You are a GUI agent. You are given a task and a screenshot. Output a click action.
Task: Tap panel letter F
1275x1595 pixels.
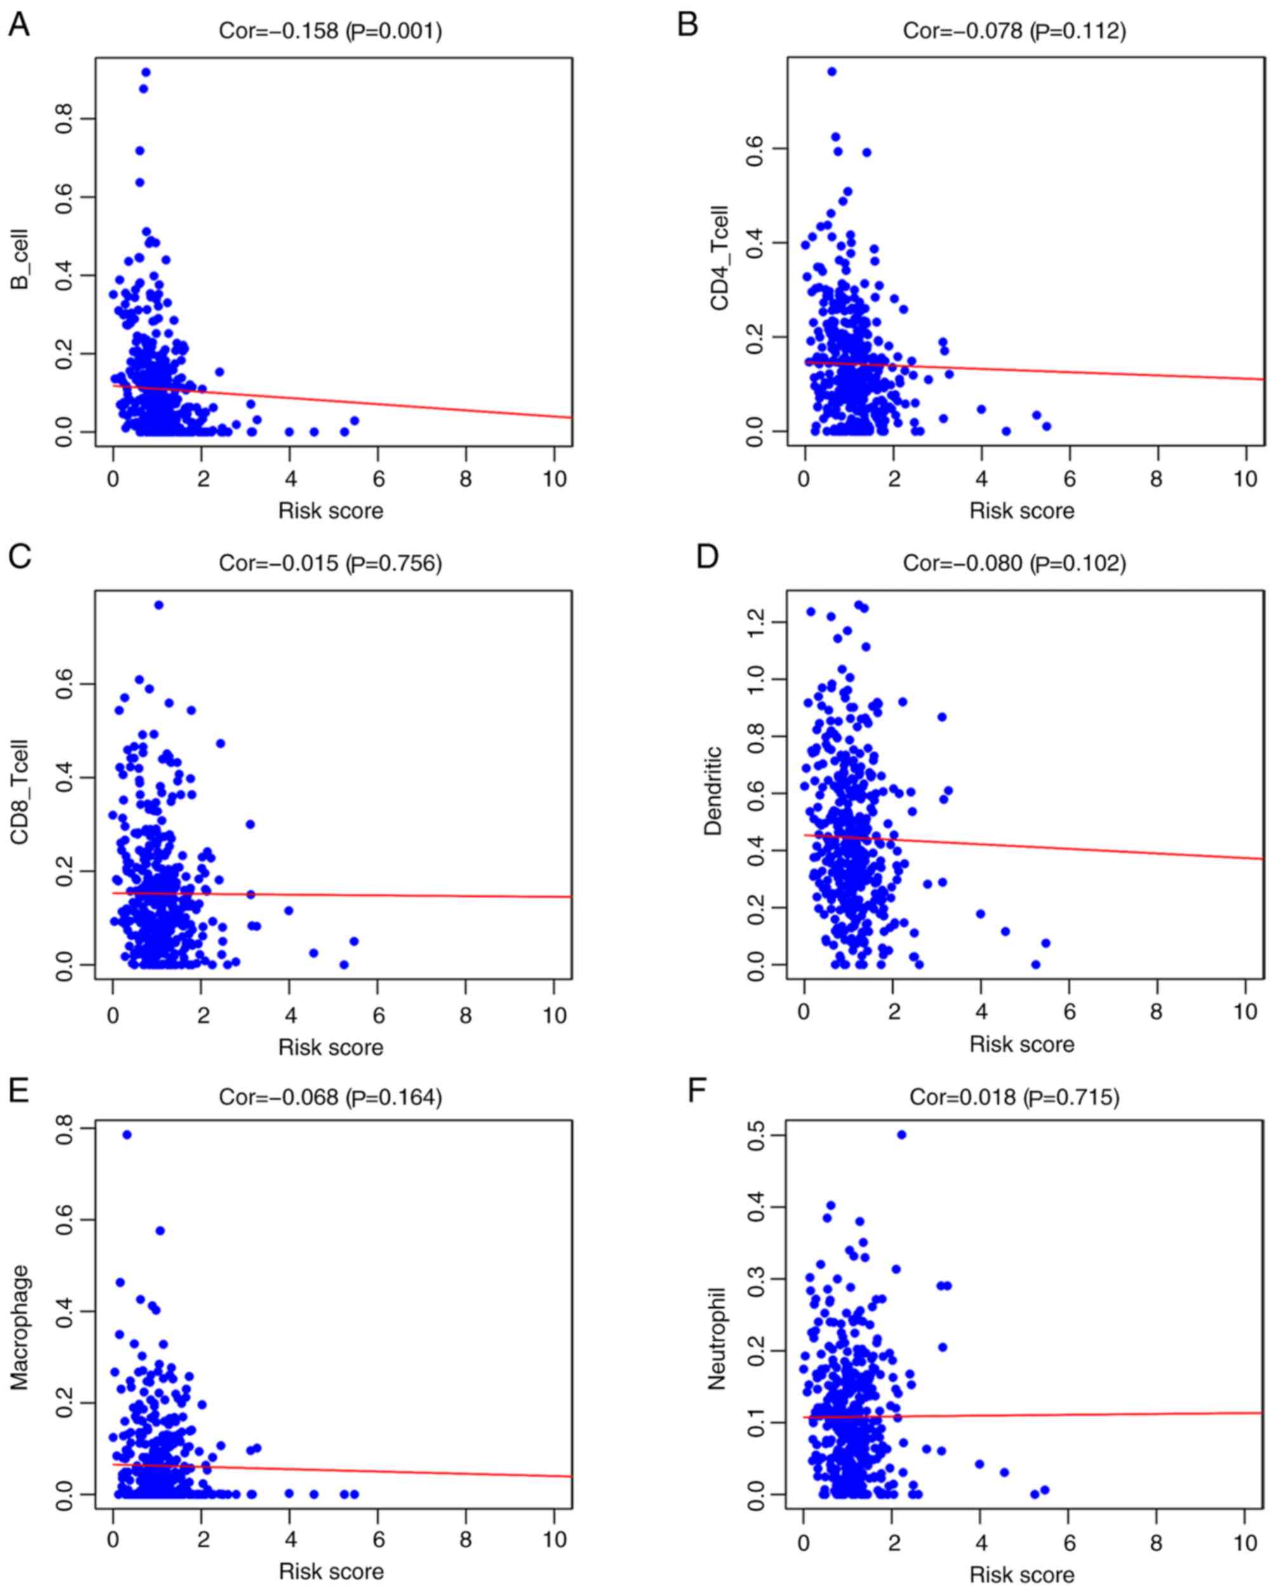click(x=697, y=1091)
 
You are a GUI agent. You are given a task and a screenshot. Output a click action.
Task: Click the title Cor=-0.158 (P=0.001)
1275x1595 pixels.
click(x=331, y=30)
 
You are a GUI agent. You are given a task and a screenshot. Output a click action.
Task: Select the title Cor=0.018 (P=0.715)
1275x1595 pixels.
click(x=1014, y=1096)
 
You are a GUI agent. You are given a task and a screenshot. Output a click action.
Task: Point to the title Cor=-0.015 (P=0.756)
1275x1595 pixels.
click(x=331, y=563)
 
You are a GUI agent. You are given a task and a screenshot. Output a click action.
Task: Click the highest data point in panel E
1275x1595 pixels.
click(x=126, y=1134)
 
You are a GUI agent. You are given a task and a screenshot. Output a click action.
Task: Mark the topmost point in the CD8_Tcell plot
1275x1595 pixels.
click(x=158, y=605)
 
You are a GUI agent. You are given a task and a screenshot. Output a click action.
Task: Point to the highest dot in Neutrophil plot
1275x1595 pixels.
click(x=901, y=1134)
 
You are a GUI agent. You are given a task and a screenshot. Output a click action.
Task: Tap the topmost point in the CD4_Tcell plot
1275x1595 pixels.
click(x=831, y=72)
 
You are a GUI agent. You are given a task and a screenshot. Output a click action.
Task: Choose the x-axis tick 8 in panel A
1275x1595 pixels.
click(x=465, y=479)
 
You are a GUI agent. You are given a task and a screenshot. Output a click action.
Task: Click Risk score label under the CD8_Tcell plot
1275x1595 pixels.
click(x=331, y=1047)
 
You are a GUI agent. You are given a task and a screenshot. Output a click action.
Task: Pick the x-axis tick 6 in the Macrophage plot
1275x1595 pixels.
click(x=377, y=1540)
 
